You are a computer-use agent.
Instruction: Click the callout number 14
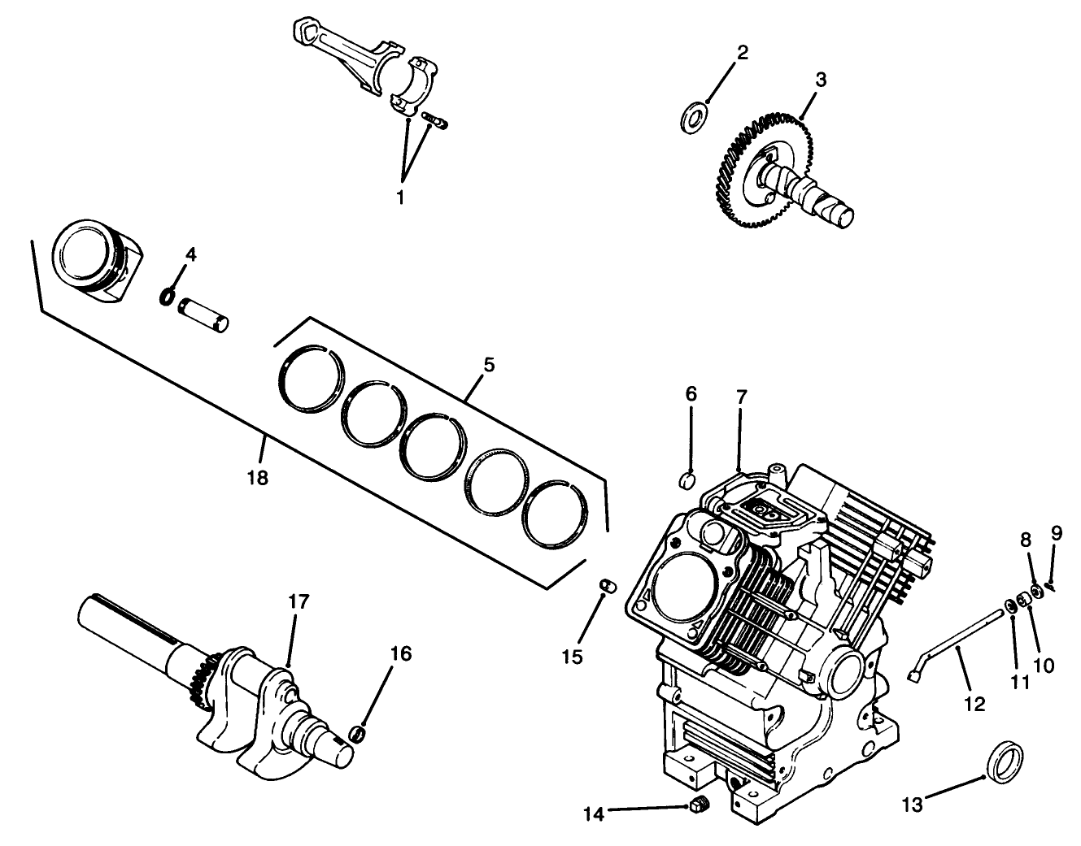595,813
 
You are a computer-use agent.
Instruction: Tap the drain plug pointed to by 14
698,806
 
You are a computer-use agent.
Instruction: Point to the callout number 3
821,80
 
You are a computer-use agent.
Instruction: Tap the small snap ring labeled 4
167,297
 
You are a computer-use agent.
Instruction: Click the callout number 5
487,364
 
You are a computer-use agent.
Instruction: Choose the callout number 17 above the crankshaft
299,602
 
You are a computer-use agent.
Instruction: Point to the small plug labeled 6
687,480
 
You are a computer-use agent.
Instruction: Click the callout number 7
741,397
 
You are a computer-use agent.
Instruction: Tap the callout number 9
1056,533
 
